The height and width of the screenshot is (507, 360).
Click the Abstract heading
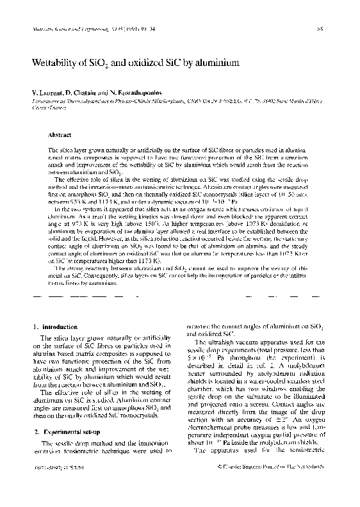[x=60, y=135]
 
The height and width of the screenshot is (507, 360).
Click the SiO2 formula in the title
[x=115, y=65]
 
